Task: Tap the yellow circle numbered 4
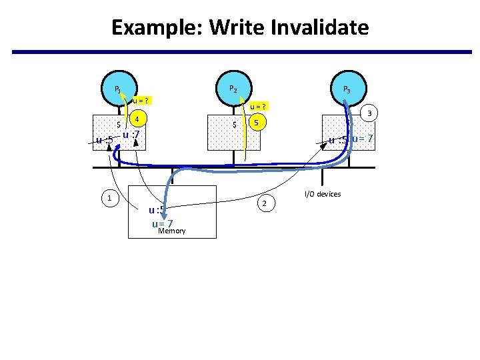(137, 120)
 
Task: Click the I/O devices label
(322, 194)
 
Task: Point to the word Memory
(171, 231)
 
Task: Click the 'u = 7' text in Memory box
(163, 223)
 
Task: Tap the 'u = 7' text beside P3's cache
(362, 139)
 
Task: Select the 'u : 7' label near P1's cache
(131, 137)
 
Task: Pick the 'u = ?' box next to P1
(140, 101)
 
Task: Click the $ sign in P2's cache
(234, 125)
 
